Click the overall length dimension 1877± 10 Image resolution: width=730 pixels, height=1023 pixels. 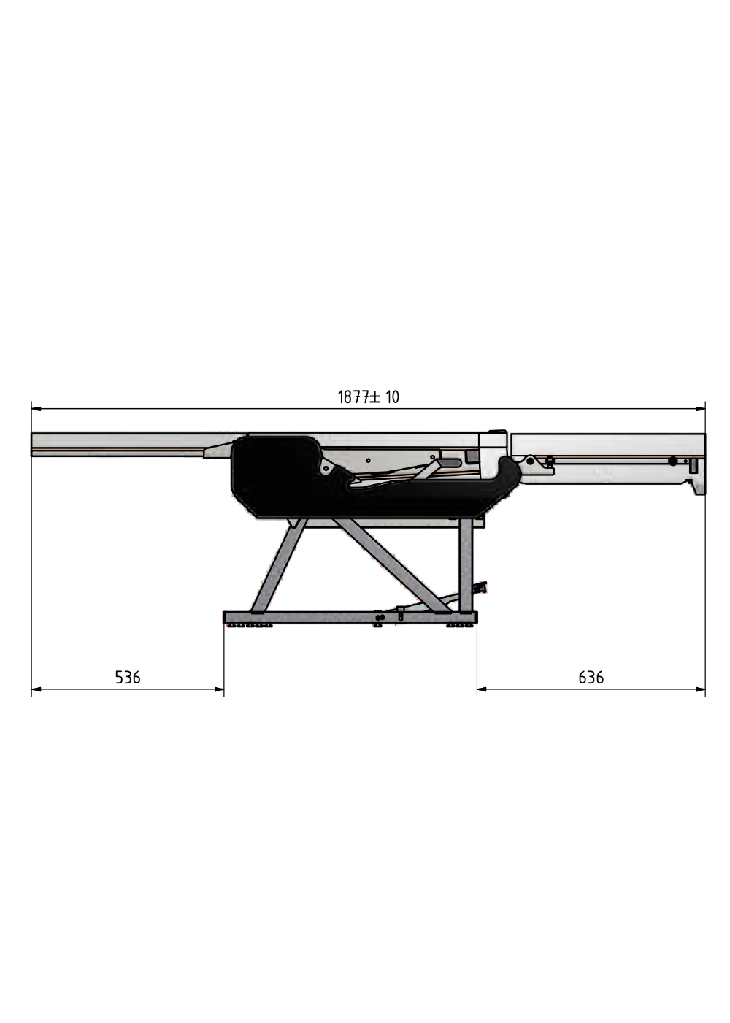click(x=368, y=397)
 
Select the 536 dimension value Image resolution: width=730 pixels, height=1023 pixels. click(x=127, y=677)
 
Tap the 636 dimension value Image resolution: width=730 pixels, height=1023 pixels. click(x=591, y=677)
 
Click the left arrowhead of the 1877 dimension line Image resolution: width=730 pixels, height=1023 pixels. click(x=36, y=409)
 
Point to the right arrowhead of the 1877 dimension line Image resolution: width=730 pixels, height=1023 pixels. click(x=700, y=409)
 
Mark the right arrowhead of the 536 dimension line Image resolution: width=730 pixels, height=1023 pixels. click(x=219, y=689)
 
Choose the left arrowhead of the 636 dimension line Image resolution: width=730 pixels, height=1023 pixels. click(x=482, y=689)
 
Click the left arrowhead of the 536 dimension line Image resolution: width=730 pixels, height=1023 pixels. click(x=36, y=689)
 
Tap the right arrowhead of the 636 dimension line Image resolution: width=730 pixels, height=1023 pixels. click(x=700, y=689)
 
